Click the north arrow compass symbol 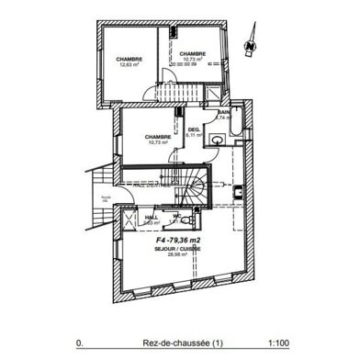click(249, 42)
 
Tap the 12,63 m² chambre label click(129, 64)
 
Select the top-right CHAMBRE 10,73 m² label click(192, 57)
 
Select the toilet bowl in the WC click(187, 221)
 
